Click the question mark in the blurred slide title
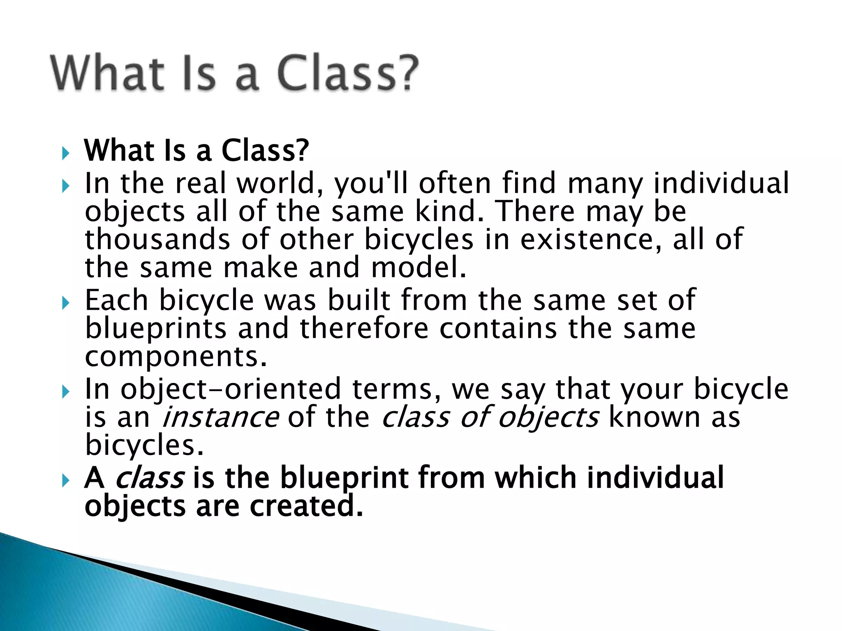click(x=405, y=73)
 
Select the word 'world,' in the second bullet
click(x=280, y=184)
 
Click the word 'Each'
click(x=116, y=300)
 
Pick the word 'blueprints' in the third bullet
click(x=156, y=329)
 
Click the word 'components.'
click(x=176, y=357)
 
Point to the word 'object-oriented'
click(x=231, y=389)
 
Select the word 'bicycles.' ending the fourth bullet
click(x=144, y=445)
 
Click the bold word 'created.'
click(x=306, y=506)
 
